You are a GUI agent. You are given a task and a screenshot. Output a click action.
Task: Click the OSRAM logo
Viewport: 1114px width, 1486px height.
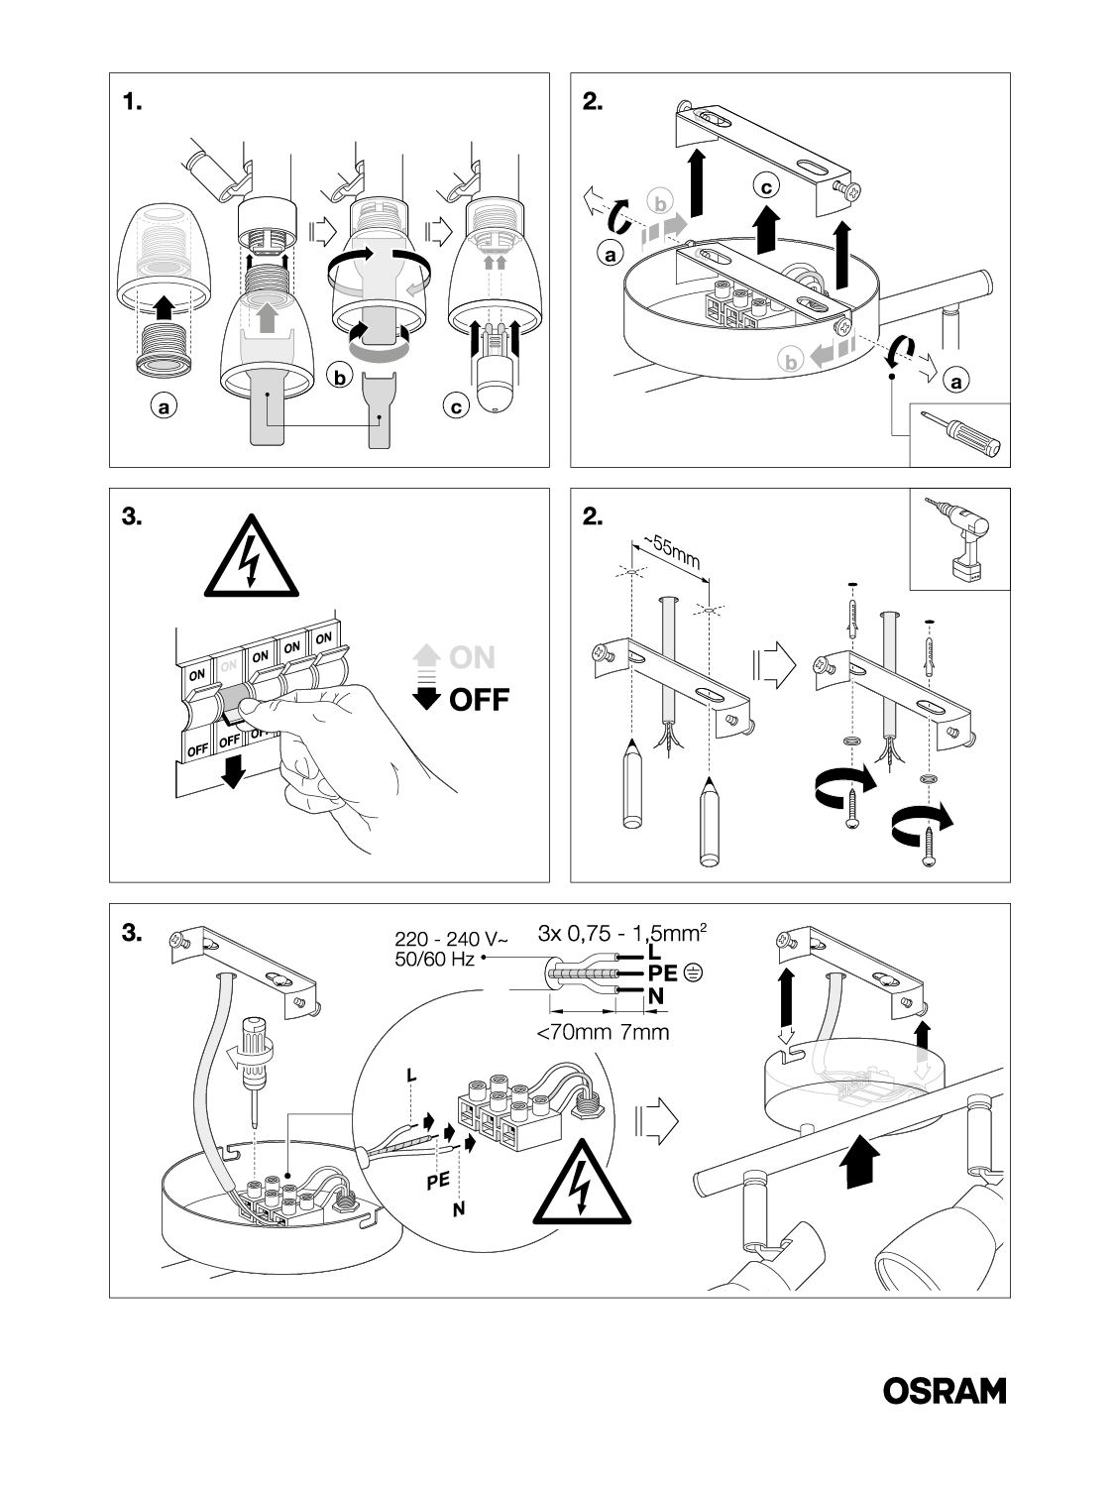pos(944,1391)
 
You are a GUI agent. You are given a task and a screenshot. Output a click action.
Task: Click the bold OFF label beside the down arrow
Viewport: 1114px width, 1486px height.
pos(479,700)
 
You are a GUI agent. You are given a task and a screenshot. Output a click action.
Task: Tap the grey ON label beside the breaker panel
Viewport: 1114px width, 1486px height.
pos(472,657)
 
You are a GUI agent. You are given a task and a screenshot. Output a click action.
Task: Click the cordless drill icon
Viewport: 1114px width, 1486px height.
pos(957,540)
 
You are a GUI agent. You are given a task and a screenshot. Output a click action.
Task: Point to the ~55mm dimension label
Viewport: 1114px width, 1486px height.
pos(674,554)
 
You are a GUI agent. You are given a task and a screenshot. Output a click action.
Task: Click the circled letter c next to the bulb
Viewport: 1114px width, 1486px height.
pos(455,406)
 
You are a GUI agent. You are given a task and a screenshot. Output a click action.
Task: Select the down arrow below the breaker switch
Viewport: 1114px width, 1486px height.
pos(232,771)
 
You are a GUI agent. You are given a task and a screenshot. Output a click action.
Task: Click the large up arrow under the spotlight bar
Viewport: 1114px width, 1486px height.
pos(859,1161)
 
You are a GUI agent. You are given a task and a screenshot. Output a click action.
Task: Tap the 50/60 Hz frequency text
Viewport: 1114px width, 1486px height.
pos(436,960)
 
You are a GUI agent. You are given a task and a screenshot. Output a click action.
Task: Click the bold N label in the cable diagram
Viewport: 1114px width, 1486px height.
pos(655,996)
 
